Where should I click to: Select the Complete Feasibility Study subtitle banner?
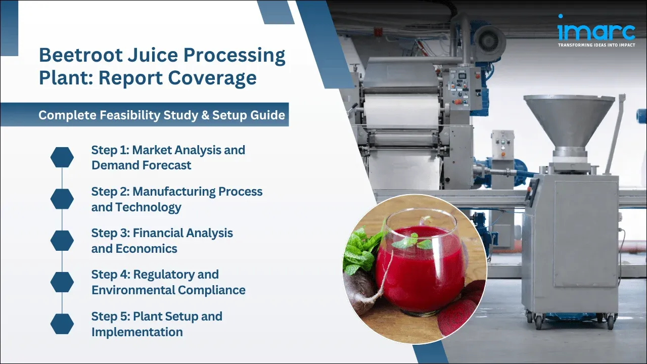[x=162, y=115]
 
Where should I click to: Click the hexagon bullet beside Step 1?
[x=62, y=157]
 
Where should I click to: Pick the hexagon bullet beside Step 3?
[x=62, y=241]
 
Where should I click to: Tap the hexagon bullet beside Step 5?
[x=62, y=324]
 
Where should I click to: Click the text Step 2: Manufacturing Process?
[x=176, y=192]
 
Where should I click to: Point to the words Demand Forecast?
[x=141, y=165]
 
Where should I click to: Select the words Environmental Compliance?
[x=168, y=290]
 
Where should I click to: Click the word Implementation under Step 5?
[x=137, y=332]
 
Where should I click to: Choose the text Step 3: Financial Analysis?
[x=162, y=233]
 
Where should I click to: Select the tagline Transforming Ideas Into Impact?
[x=596, y=45]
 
